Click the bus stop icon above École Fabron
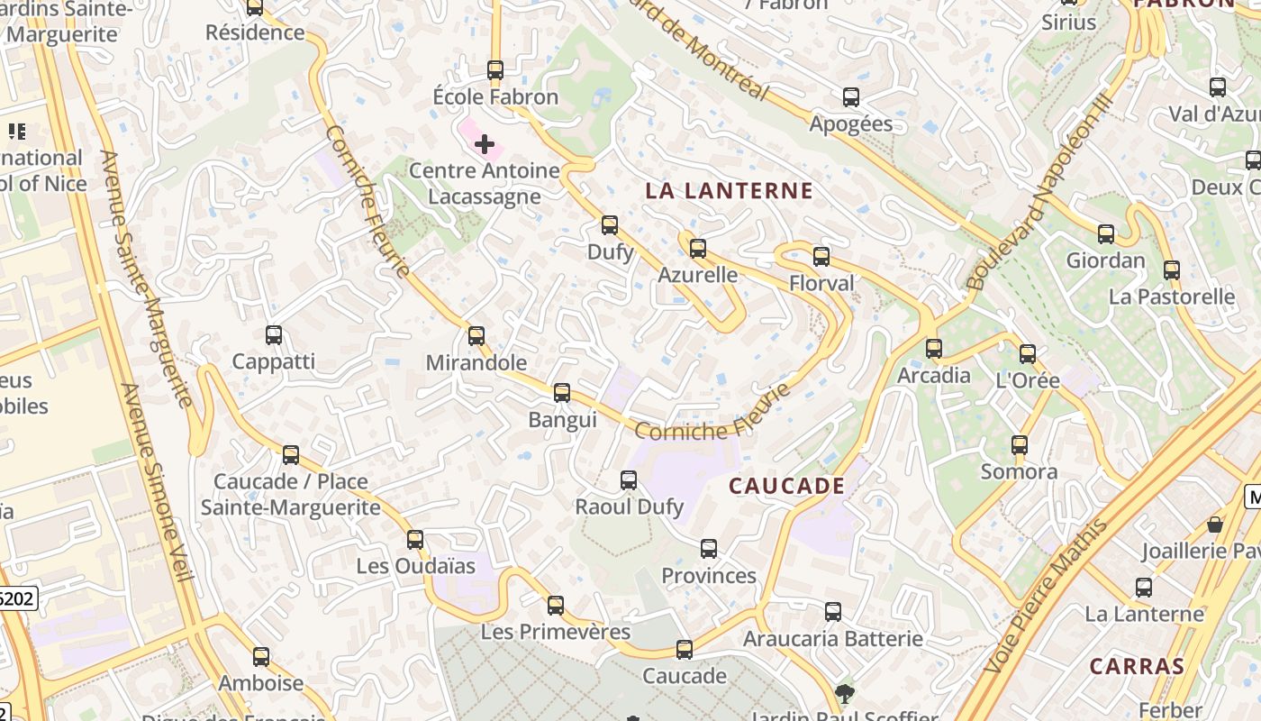pos(494,69)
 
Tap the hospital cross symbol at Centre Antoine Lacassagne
pos(485,143)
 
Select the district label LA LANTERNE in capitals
pos(730,191)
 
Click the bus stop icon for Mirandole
pos(476,336)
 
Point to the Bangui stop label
pos(562,420)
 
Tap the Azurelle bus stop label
pos(698,275)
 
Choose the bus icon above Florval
pos(821,257)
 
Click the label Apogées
pos(851,124)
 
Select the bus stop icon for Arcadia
pos(934,348)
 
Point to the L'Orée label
pos(1028,380)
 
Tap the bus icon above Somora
pos(1020,445)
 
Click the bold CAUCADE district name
pos(787,487)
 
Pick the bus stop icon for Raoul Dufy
pos(629,480)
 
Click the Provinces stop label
pos(709,576)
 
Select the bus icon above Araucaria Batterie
pos(833,612)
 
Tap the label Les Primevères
pos(556,632)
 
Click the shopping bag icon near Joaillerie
pos(1215,525)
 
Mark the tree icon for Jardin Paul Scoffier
pos(845,693)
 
